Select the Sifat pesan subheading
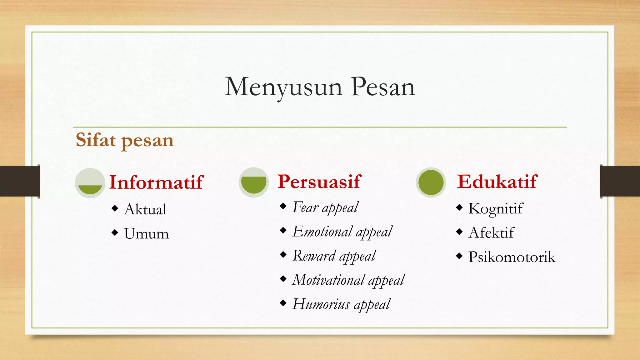pos(124,140)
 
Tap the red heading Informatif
pos(156,182)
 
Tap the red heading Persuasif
pos(319,182)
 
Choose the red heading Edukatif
pos(497,182)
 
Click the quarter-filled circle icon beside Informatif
pos(90,183)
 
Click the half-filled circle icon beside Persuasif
pos(254,182)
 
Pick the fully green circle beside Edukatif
pos(431,182)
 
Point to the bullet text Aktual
pos(145,209)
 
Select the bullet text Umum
pos(146,234)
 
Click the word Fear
pos(305,207)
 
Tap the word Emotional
pos(322,232)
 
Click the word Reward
pos(314,256)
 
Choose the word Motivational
pos(328,280)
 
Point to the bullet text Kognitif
pos(495,209)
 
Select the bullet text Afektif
pos(491,233)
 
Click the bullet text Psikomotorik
pos(512,257)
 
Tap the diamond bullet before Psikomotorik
pos(459,256)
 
